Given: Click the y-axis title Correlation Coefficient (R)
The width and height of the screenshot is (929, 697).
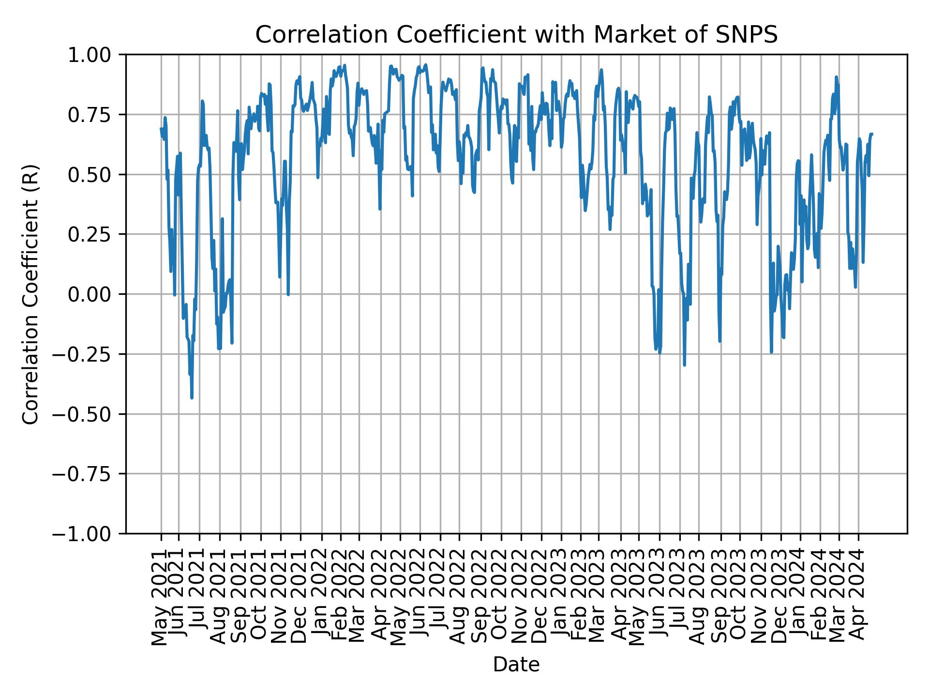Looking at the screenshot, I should [30, 294].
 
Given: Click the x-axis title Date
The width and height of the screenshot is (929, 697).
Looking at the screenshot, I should [516, 665].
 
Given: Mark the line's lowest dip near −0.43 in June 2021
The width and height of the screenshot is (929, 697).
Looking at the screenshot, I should [192, 398].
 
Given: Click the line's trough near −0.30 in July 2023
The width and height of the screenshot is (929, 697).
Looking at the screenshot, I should [684, 365].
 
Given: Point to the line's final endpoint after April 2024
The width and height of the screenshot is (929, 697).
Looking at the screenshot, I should [872, 134].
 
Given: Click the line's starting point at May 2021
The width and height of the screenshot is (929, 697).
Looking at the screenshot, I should [161, 129].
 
